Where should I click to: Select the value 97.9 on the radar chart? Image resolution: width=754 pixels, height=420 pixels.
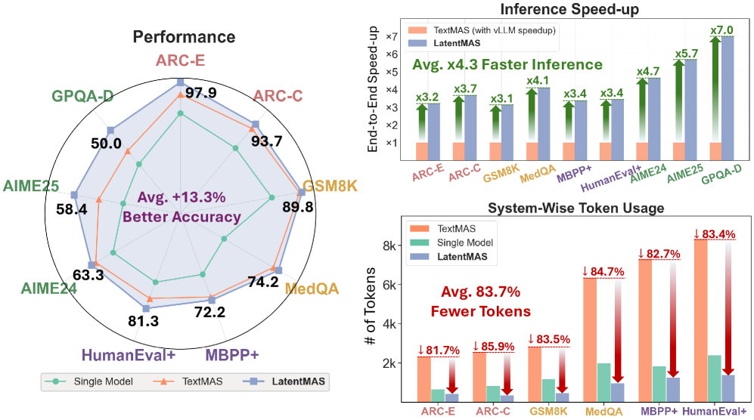(201, 93)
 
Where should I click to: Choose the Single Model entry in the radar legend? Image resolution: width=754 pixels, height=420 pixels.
(98, 381)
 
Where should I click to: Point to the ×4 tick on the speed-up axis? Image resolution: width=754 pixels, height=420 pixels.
(392, 90)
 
